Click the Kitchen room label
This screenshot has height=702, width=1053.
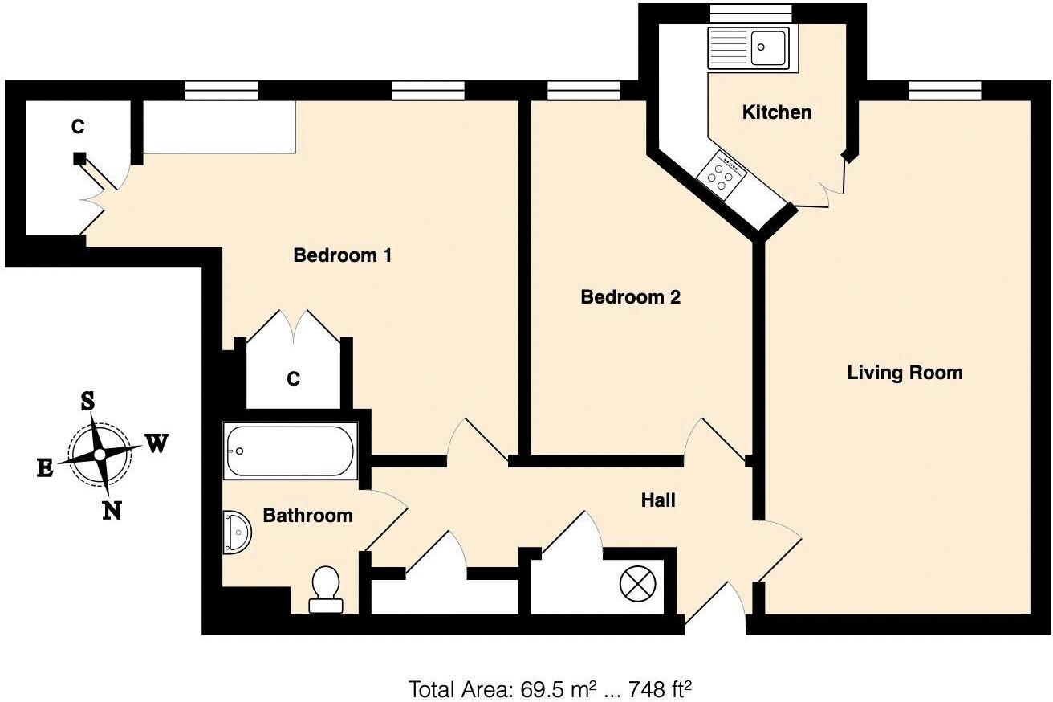(x=776, y=112)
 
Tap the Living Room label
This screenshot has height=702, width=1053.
(x=905, y=373)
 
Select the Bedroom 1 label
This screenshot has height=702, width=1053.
(x=342, y=255)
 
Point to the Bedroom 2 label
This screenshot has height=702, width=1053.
(x=630, y=297)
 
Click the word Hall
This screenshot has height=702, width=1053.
(x=658, y=500)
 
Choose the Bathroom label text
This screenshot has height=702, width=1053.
(x=307, y=516)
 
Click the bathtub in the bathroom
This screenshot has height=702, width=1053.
(x=290, y=451)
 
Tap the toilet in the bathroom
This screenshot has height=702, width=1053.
(x=326, y=590)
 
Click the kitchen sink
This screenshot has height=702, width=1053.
(x=758, y=47)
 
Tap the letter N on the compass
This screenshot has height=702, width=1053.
(x=112, y=510)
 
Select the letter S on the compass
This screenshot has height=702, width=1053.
(x=87, y=402)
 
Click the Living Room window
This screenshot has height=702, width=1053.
(x=945, y=90)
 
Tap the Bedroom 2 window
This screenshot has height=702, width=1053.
(x=583, y=90)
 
